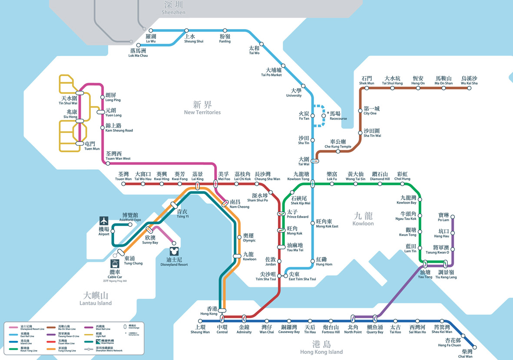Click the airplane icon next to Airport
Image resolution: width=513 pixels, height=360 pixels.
click(x=104, y=221)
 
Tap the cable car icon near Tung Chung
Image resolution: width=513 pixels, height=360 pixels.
click(x=115, y=264)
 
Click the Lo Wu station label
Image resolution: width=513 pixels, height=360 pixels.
click(x=151, y=38)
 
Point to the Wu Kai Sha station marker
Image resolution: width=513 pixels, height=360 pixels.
click(x=469, y=88)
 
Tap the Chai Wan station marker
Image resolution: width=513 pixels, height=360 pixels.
click(x=474, y=347)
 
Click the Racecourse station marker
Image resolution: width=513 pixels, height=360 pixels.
click(x=323, y=116)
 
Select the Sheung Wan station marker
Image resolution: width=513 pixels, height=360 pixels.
click(x=200, y=321)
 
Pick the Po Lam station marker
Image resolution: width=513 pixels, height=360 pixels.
click(x=453, y=216)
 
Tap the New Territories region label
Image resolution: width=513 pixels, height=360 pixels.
click(x=202, y=107)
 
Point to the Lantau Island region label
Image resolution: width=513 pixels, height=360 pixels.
click(x=97, y=298)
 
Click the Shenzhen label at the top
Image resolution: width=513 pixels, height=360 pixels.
click(x=173, y=7)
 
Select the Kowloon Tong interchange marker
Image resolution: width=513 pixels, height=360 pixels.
click(x=312, y=184)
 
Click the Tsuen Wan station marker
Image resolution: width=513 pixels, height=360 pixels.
click(x=124, y=184)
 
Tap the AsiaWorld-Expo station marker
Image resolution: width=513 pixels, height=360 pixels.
click(x=130, y=225)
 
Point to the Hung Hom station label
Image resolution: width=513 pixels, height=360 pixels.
click(x=324, y=261)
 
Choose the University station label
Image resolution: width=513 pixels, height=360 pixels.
click(x=294, y=92)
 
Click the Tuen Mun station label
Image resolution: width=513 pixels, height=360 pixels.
click(x=92, y=145)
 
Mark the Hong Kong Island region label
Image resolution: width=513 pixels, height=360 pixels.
click(x=321, y=347)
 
